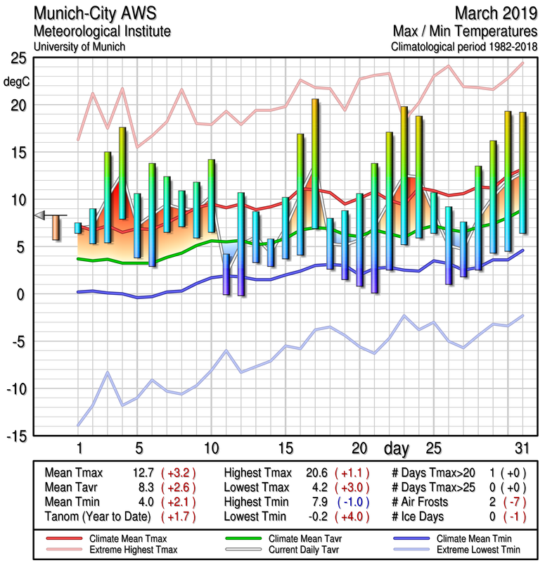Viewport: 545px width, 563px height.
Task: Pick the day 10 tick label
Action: pyautogui.click(x=211, y=448)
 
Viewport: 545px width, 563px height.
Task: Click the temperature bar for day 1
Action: pyautogui.click(x=78, y=227)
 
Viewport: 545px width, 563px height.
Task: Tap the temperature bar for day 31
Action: pyautogui.click(x=522, y=172)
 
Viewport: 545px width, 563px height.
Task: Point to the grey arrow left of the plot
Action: pyautogui.click(x=40, y=215)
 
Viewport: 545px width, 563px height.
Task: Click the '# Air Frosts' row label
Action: pyautogui.click(x=420, y=501)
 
